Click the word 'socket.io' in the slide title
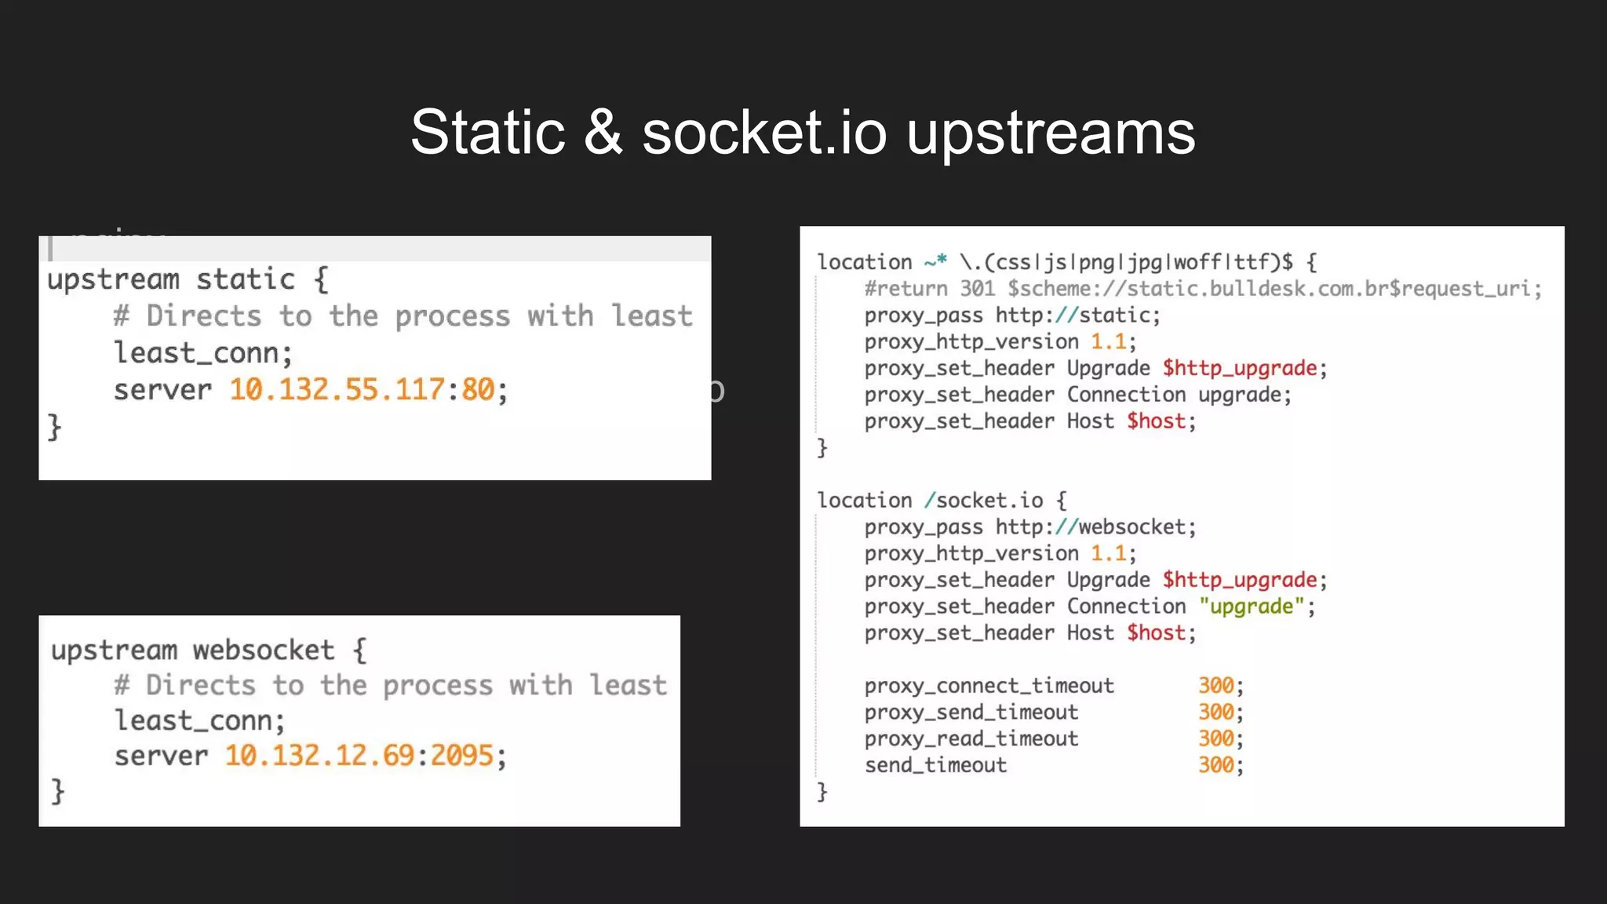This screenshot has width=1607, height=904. tap(765, 133)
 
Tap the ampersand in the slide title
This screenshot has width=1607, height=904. tap(603, 133)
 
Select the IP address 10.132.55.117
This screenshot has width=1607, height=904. tap(337, 390)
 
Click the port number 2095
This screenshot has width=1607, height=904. tap(462, 756)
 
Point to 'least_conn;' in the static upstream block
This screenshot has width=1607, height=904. tap(203, 353)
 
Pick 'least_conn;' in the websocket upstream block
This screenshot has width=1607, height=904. tap(200, 720)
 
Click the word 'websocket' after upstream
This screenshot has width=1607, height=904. tap(264, 650)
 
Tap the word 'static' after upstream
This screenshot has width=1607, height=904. tap(246, 279)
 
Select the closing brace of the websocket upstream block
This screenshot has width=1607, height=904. tap(57, 791)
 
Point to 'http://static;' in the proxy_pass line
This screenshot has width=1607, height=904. tap(1077, 315)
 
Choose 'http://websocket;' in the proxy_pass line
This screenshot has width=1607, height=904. tap(1095, 527)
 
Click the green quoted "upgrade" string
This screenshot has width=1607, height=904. tap(1252, 607)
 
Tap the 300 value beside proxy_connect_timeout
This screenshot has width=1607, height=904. tap(1216, 686)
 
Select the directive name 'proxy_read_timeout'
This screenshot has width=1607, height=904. tap(971, 739)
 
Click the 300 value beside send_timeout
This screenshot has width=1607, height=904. tap(1216, 765)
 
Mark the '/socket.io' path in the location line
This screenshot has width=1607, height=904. tap(983, 501)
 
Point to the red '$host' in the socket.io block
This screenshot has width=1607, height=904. tap(1156, 633)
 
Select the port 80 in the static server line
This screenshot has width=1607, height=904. tap(478, 390)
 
